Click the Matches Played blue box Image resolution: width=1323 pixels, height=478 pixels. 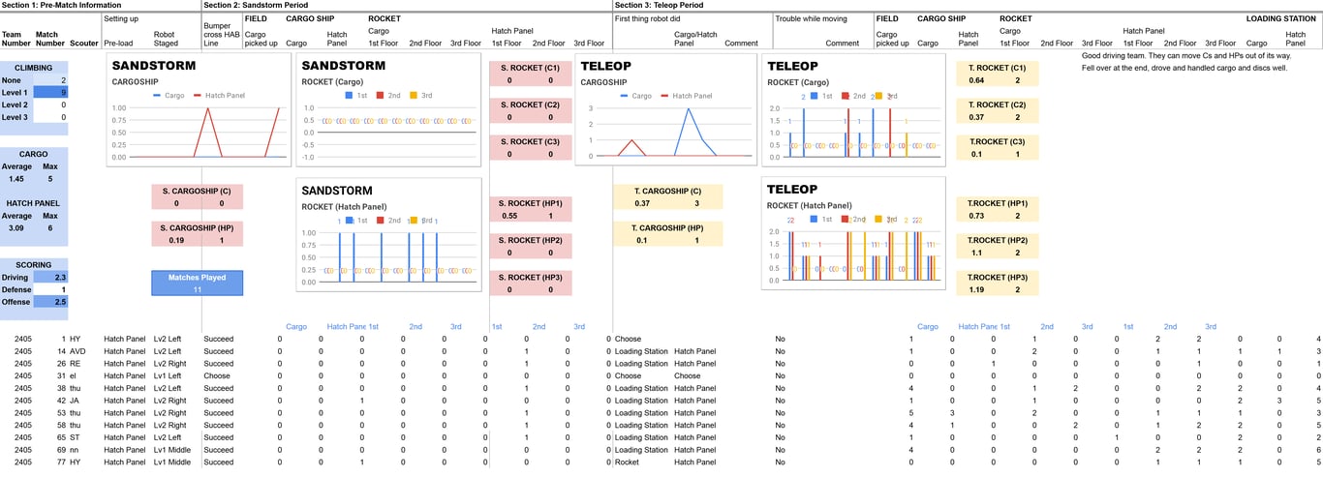click(197, 283)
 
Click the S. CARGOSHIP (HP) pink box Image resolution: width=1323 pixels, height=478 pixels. click(197, 233)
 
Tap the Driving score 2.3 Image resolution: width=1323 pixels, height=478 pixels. click(60, 277)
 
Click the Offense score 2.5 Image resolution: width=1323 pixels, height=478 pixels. click(60, 302)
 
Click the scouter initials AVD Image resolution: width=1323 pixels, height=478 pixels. click(78, 350)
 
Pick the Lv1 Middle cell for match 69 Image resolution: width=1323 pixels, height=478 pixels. click(172, 450)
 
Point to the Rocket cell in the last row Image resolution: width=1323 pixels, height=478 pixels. click(628, 463)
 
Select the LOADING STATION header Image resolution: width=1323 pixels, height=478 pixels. click(1280, 18)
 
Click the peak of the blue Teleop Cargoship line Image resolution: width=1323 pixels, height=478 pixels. click(688, 108)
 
